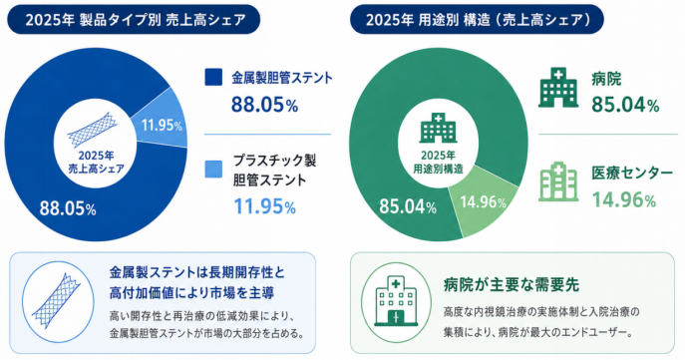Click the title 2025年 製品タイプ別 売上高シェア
click(x=136, y=20)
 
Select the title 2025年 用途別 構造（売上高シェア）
click(x=478, y=20)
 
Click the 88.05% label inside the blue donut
click(x=68, y=208)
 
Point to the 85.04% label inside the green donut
click(x=408, y=206)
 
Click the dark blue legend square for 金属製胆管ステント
click(x=213, y=78)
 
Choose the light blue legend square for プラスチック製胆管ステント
click(x=213, y=170)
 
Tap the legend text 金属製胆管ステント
click(x=282, y=78)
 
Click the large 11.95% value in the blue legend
click(x=265, y=206)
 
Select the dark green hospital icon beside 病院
click(x=558, y=88)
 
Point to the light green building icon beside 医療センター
click(x=558, y=181)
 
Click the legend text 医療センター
click(x=632, y=173)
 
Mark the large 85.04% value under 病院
click(x=625, y=105)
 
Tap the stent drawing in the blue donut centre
click(x=93, y=130)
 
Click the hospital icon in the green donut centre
click(x=438, y=128)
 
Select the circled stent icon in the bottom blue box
click(x=58, y=302)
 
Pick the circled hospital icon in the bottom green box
click(x=396, y=302)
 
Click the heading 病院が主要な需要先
click(x=512, y=285)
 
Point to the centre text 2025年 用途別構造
click(x=438, y=163)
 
